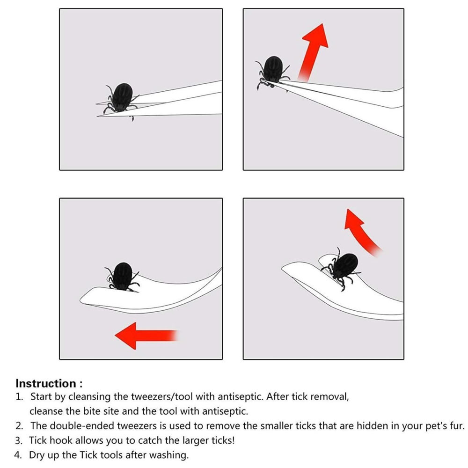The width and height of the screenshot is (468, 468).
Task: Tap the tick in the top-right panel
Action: point(272,73)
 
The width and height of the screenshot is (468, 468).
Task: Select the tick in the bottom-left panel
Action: point(122,277)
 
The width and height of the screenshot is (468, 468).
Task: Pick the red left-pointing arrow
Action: point(146,336)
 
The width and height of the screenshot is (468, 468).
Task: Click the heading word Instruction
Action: point(46,383)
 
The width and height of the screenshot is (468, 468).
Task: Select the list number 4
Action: point(18,455)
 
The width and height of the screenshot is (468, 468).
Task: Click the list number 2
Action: point(19,426)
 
